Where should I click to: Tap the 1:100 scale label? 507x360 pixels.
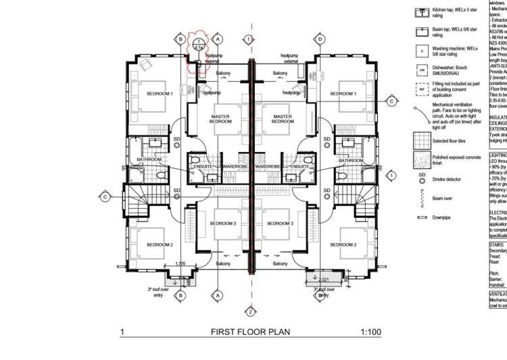pyautogui.click(x=371, y=332)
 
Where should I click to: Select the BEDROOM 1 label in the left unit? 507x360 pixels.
pyautogui.click(x=160, y=93)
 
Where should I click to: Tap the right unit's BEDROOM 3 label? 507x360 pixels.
pyautogui.click(x=278, y=223)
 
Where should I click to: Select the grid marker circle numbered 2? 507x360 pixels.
pyautogui.click(x=250, y=311)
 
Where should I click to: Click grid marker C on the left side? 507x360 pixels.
pyautogui.click(x=105, y=197)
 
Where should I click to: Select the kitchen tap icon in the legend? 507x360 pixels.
pyautogui.click(x=422, y=12)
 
